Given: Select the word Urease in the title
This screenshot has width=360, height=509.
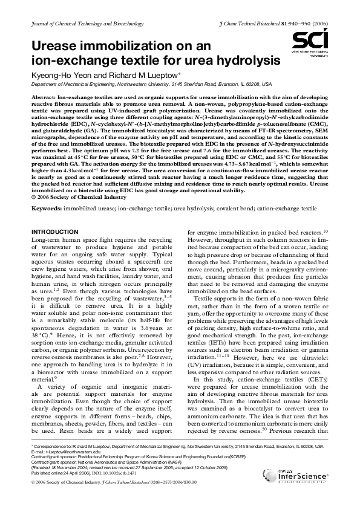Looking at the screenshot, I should [x=53, y=47].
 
